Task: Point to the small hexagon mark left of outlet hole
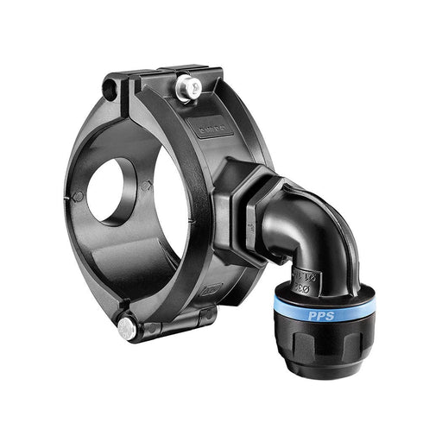point(79,196)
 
